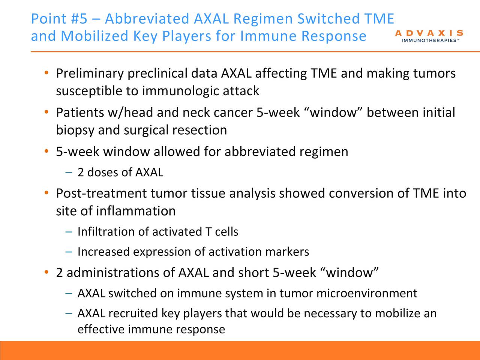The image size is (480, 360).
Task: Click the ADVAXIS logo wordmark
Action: click(x=429, y=33)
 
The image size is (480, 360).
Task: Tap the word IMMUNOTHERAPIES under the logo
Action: click(x=429, y=40)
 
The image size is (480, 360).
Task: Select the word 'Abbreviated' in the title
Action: click(x=147, y=19)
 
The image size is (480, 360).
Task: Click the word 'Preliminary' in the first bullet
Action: click(x=90, y=73)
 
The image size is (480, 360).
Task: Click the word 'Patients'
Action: click(x=80, y=112)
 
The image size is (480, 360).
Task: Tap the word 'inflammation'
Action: click(x=136, y=211)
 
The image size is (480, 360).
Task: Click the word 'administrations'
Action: click(x=121, y=273)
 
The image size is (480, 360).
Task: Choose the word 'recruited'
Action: click(x=133, y=313)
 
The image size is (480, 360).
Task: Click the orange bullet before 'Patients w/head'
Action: click(x=46, y=112)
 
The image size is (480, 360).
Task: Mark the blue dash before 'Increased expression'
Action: click(x=69, y=252)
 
